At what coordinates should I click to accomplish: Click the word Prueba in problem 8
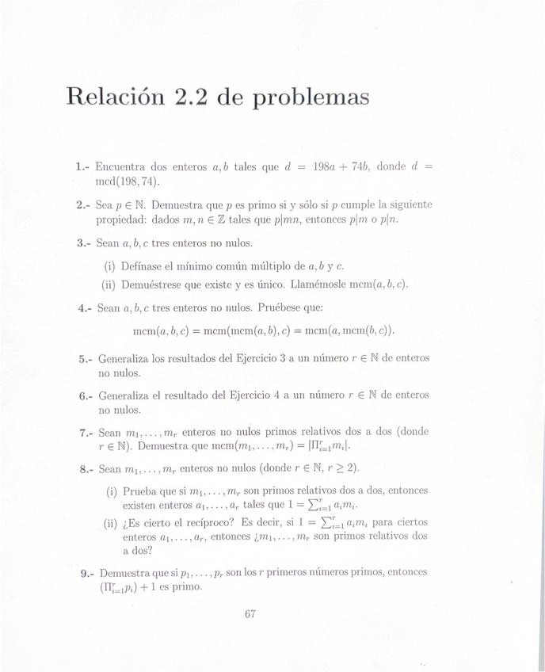coord(139,490)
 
